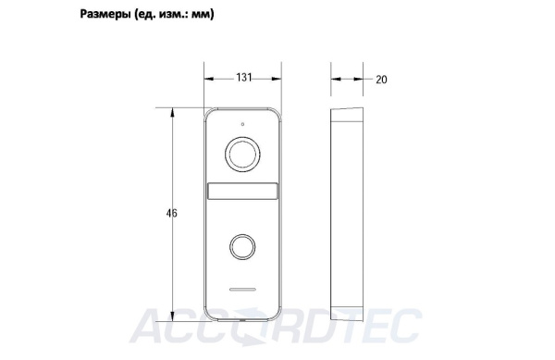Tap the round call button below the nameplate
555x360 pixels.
click(x=243, y=246)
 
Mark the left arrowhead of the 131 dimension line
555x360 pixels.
click(x=208, y=78)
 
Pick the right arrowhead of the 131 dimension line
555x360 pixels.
click(x=280, y=78)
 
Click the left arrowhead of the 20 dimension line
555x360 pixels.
click(x=336, y=79)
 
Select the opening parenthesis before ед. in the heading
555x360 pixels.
click(x=138, y=16)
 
